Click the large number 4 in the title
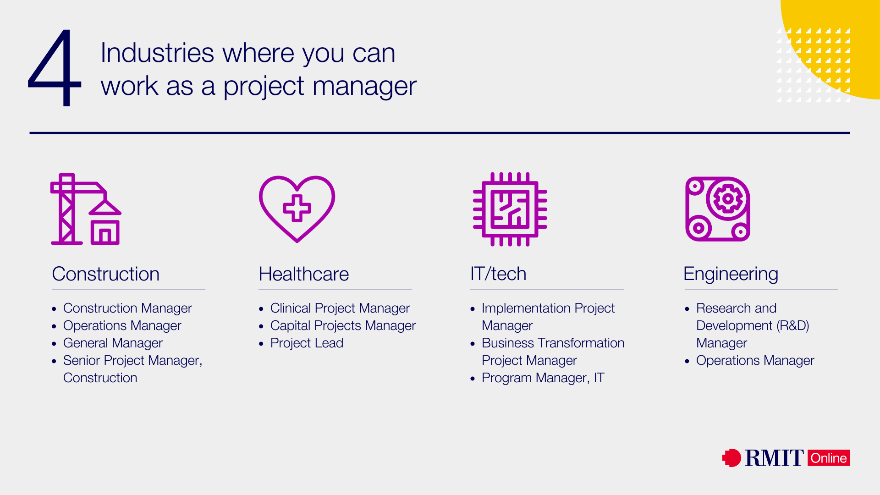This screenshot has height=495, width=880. [x=55, y=69]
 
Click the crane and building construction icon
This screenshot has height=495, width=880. [x=85, y=209]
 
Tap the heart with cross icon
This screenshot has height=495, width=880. [x=297, y=209]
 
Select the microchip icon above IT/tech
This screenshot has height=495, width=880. [x=510, y=209]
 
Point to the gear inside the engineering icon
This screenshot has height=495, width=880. [x=727, y=199]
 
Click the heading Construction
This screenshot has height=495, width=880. [x=105, y=274]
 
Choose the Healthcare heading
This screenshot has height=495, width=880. [x=303, y=274]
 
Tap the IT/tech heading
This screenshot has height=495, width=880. [x=498, y=274]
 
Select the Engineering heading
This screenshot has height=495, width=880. [x=731, y=274]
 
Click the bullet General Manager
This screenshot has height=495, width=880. [x=113, y=343]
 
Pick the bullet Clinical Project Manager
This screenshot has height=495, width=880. [x=340, y=308]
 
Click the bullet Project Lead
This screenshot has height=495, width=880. [x=307, y=343]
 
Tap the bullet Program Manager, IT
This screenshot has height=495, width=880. [x=543, y=378]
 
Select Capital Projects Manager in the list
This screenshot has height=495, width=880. [x=343, y=325]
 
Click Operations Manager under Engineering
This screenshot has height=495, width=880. [x=755, y=360]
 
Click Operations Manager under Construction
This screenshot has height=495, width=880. [x=122, y=325]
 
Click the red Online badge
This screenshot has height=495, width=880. [x=828, y=458]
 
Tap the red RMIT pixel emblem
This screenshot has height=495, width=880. [x=731, y=457]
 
